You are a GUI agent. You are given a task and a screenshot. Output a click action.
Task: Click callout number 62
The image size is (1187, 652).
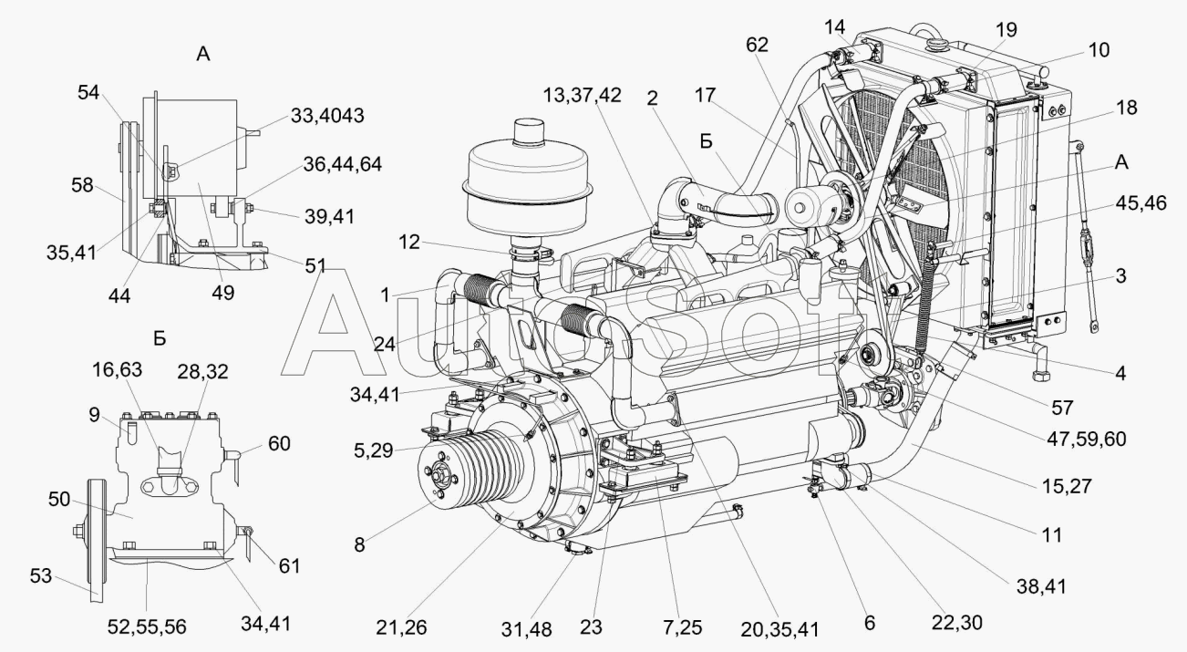point(757,45)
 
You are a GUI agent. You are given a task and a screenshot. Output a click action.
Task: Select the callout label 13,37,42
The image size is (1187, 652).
point(582,96)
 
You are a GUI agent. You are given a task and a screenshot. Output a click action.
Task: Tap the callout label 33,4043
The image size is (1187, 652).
point(327,116)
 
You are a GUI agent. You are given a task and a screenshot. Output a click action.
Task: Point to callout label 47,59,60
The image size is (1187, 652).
point(1087,440)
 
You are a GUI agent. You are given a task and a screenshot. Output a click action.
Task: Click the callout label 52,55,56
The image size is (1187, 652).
point(147,627)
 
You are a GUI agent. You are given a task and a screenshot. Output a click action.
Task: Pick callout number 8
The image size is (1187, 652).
point(359,544)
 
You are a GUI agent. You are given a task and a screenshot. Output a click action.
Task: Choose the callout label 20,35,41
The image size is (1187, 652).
point(779,629)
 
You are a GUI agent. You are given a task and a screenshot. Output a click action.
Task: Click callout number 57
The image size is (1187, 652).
point(1062,408)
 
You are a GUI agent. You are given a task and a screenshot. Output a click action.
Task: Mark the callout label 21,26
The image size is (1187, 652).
point(401,627)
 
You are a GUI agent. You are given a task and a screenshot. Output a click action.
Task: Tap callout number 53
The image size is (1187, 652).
point(41,575)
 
